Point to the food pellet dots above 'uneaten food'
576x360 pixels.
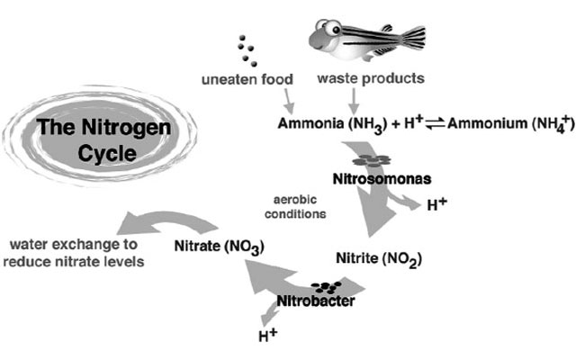pos(246,49)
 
